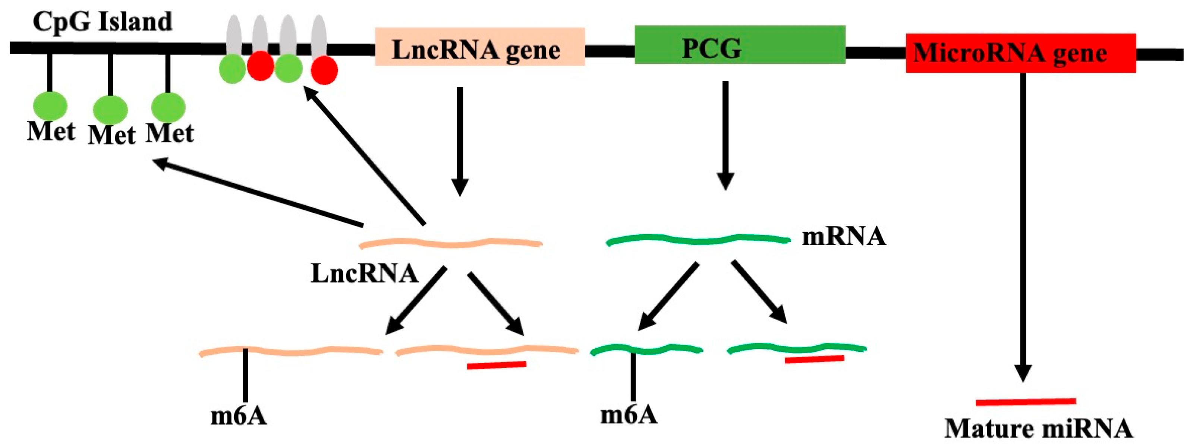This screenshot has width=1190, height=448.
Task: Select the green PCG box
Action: (740, 44)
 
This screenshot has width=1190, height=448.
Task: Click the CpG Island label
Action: (103, 22)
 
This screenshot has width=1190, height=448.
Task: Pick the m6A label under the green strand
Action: (629, 414)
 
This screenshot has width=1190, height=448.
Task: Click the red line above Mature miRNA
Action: (1026, 402)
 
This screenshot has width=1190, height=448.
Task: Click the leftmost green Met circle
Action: (50, 106)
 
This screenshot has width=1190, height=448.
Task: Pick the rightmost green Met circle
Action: (168, 107)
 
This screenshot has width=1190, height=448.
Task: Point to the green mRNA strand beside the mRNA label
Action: (698, 240)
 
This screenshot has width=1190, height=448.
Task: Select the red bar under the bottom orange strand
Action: (496, 365)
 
